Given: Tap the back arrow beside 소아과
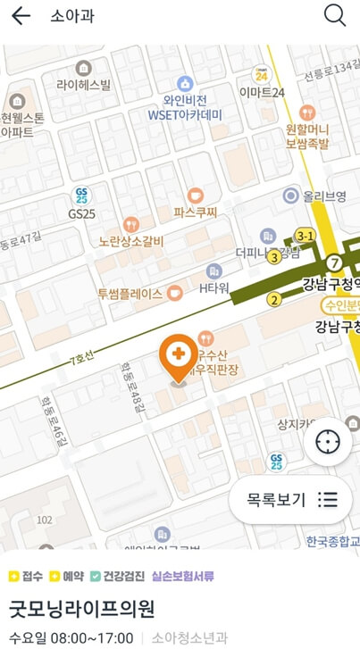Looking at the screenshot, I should (x=21, y=16).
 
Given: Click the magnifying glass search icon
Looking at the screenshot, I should (x=335, y=15).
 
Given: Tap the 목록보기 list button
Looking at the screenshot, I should (x=290, y=499).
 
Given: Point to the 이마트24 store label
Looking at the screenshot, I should (x=262, y=92).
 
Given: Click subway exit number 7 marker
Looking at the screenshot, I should (x=333, y=262).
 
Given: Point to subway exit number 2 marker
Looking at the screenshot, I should (x=272, y=299).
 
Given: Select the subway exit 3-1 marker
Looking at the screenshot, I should (x=306, y=236).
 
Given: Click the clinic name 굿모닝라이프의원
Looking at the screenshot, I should (x=82, y=609).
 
